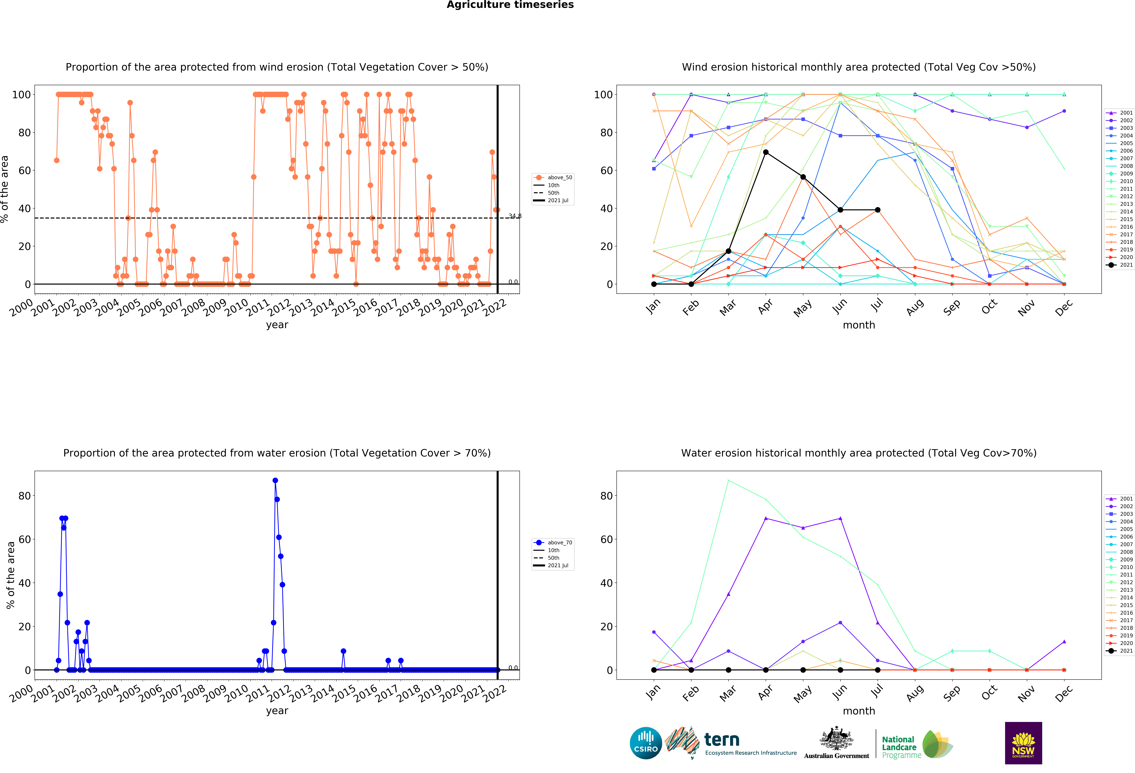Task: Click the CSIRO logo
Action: pos(646,743)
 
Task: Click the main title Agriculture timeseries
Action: pos(510,5)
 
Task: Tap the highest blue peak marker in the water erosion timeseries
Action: pos(275,481)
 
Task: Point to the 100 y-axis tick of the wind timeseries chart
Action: pos(21,95)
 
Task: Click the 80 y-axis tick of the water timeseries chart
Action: pos(24,496)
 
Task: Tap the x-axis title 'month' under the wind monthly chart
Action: pos(859,325)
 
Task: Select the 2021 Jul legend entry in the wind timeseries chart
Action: pos(554,201)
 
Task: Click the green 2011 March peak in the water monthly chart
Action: pos(728,481)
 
